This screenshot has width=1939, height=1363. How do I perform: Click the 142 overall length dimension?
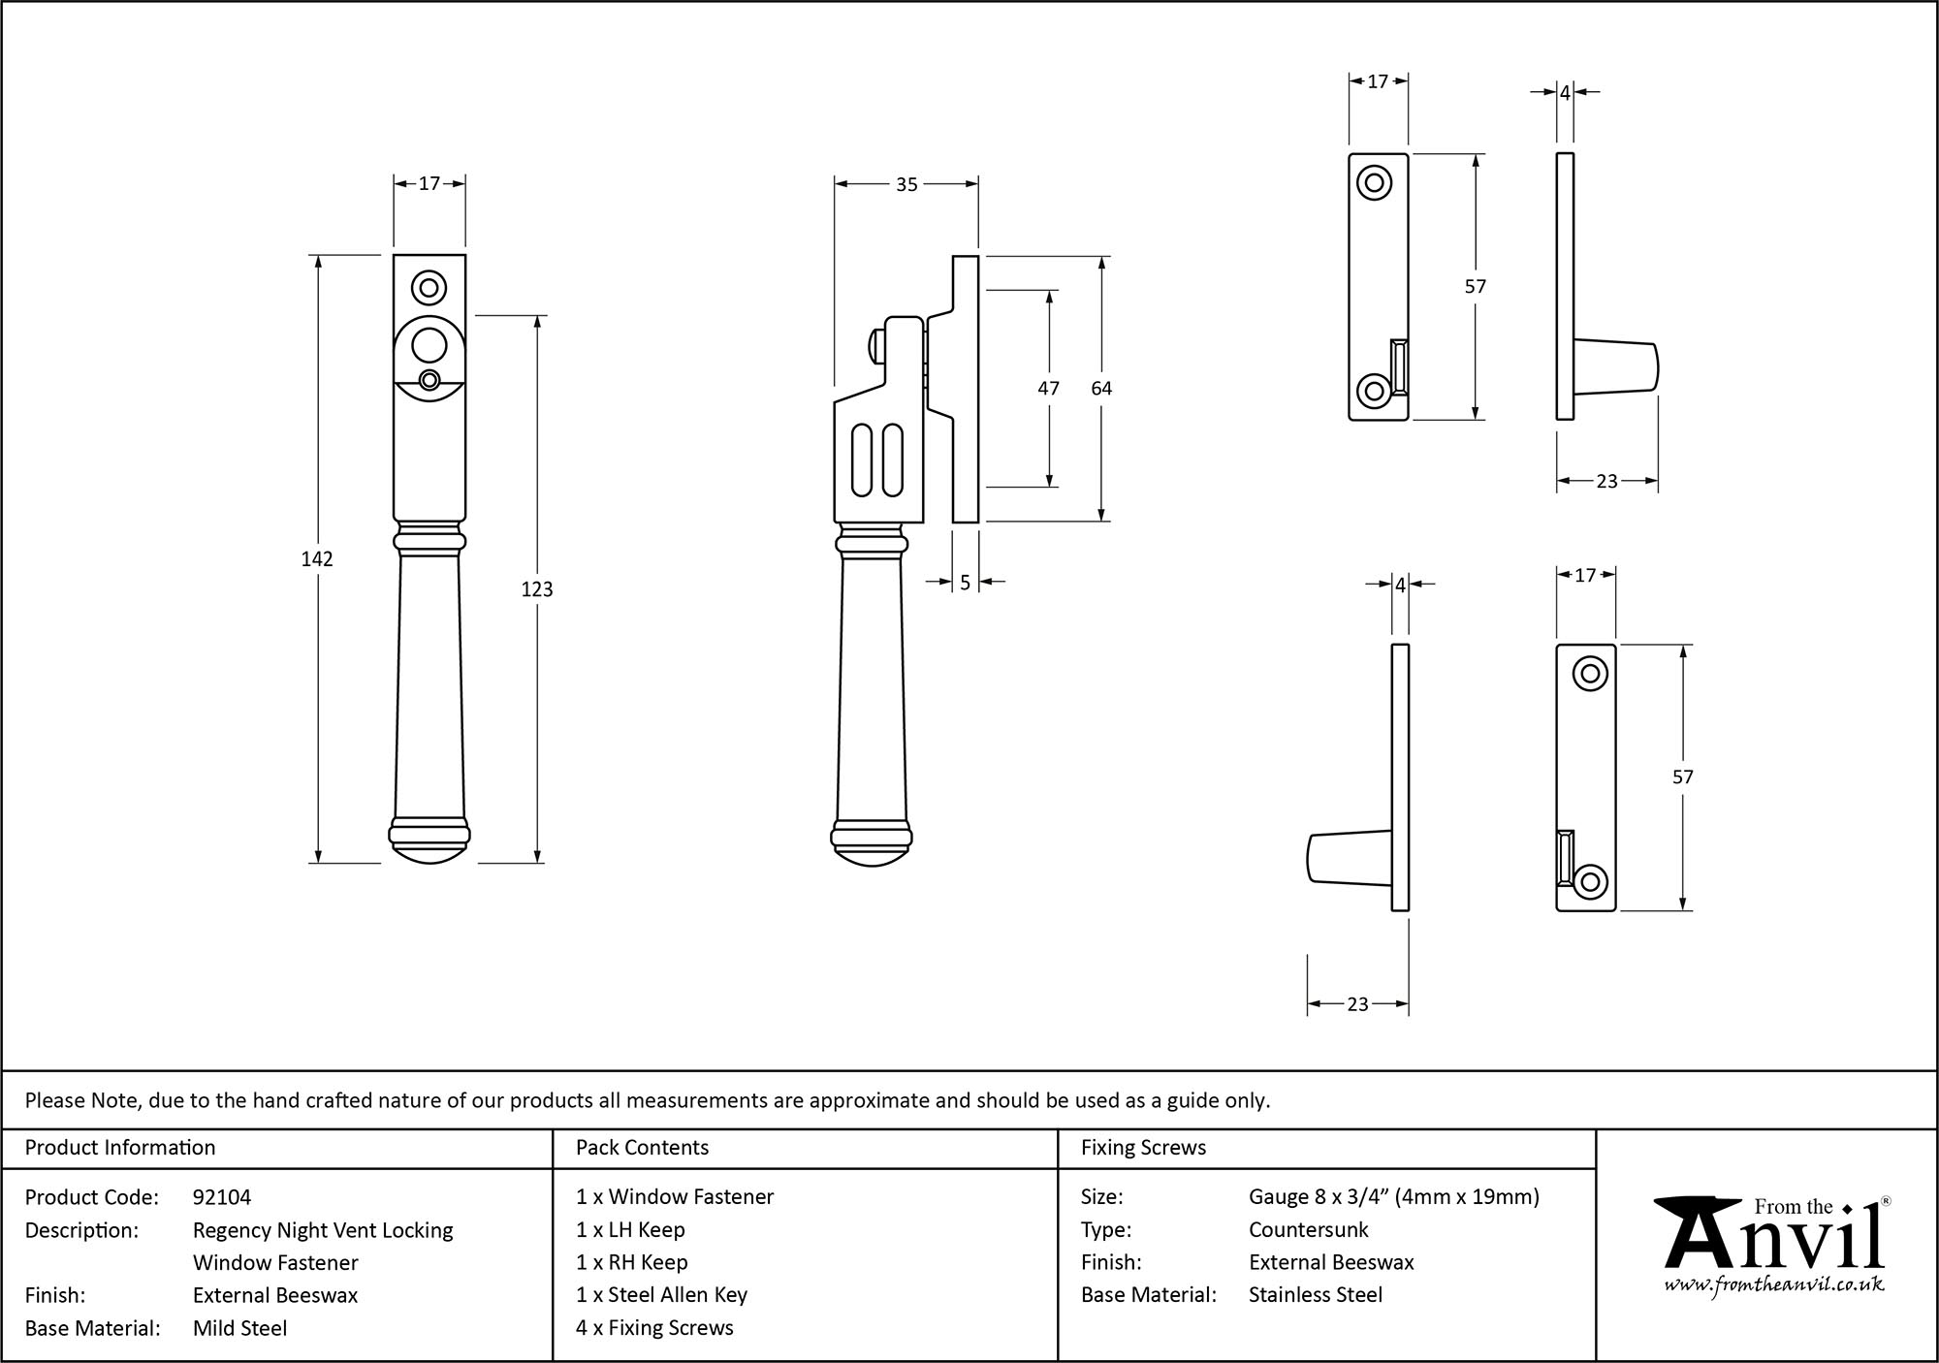(x=317, y=559)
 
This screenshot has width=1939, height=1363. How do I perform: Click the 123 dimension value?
(x=536, y=589)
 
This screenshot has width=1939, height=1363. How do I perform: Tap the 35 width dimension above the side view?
(x=906, y=184)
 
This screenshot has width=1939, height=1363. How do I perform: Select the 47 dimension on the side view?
(x=1048, y=389)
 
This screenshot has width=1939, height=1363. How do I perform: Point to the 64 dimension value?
(x=1101, y=389)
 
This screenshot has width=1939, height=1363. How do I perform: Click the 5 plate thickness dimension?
(x=965, y=584)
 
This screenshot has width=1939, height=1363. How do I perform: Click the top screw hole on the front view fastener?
(x=429, y=288)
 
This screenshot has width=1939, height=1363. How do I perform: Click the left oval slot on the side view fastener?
(x=861, y=459)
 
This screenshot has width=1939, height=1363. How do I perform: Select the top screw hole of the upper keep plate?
(x=1374, y=182)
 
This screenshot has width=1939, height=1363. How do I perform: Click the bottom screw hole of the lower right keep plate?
(x=1590, y=881)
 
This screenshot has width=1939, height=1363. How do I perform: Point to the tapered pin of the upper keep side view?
(x=1615, y=365)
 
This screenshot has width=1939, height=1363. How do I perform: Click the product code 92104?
(x=222, y=1197)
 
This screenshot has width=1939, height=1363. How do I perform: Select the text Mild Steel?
(x=239, y=1328)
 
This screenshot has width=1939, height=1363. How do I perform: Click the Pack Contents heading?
(x=642, y=1148)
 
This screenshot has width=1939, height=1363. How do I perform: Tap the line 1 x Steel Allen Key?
(x=661, y=1295)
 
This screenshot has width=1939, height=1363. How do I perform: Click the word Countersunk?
(x=1308, y=1230)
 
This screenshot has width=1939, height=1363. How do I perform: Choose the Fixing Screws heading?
(x=1143, y=1148)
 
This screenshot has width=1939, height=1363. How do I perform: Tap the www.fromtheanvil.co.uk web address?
(x=1773, y=1285)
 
